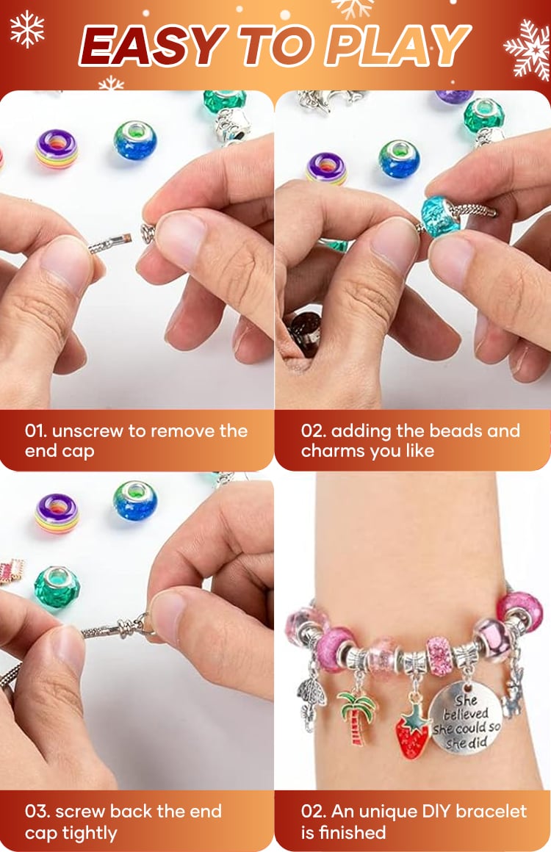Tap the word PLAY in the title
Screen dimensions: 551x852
click(x=397, y=46)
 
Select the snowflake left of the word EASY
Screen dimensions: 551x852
click(x=26, y=29)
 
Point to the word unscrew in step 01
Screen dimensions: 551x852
click(x=87, y=431)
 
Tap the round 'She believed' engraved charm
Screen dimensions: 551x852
click(x=465, y=718)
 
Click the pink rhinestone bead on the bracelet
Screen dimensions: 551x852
click(x=439, y=656)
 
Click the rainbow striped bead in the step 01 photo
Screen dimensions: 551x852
click(x=56, y=149)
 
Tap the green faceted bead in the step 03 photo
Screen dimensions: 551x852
click(x=57, y=587)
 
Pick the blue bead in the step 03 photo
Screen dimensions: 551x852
click(x=135, y=501)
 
